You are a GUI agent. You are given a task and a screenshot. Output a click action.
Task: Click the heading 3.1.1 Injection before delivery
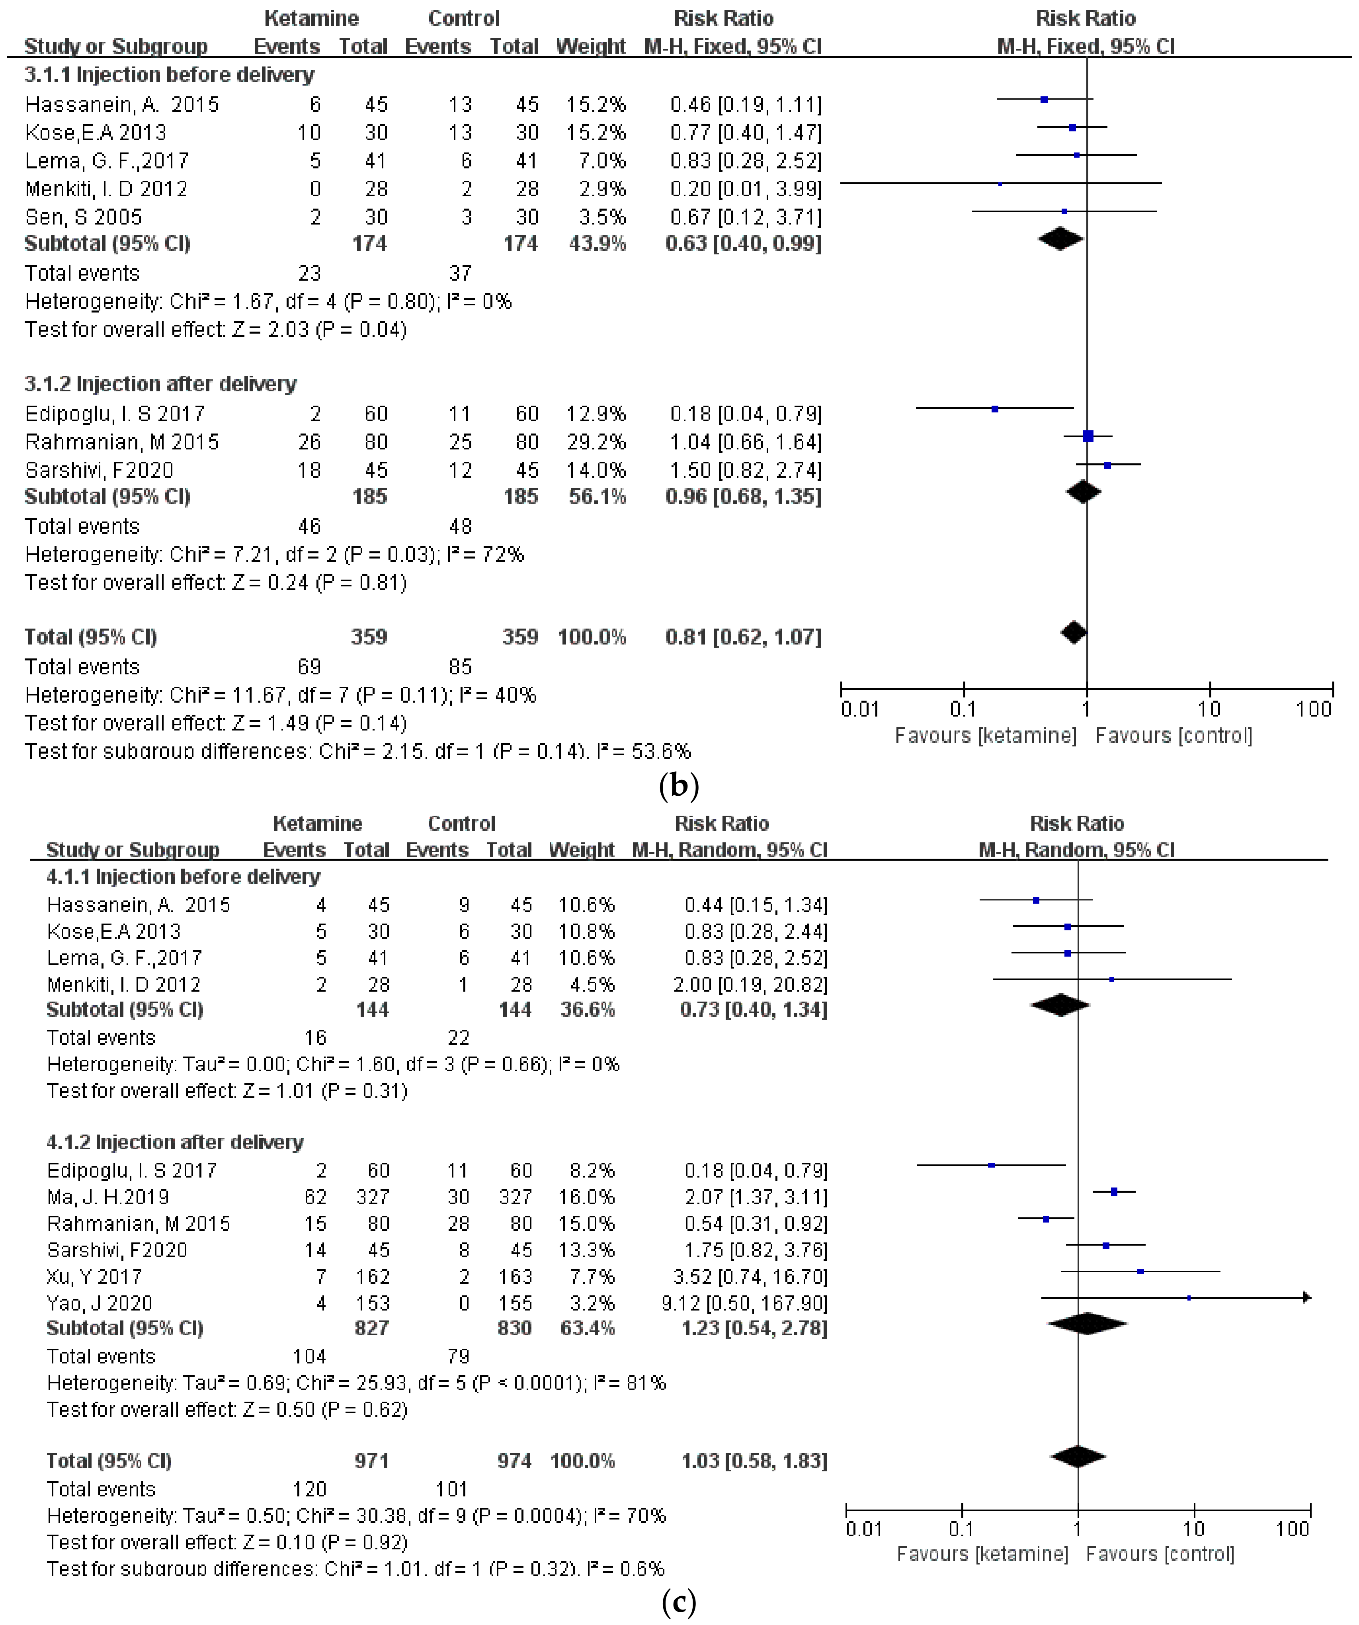click(x=169, y=75)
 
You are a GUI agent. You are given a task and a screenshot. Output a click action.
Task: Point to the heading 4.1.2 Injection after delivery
click(x=175, y=1142)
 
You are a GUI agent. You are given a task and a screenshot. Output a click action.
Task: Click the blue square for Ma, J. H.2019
click(x=1114, y=1191)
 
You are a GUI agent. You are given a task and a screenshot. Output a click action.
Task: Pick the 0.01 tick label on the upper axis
click(x=860, y=709)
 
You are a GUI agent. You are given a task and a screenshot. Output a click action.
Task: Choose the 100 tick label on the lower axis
click(x=1292, y=1529)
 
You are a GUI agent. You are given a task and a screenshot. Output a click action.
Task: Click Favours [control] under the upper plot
click(x=1173, y=735)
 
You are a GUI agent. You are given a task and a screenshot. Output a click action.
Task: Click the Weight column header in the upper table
click(x=590, y=47)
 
